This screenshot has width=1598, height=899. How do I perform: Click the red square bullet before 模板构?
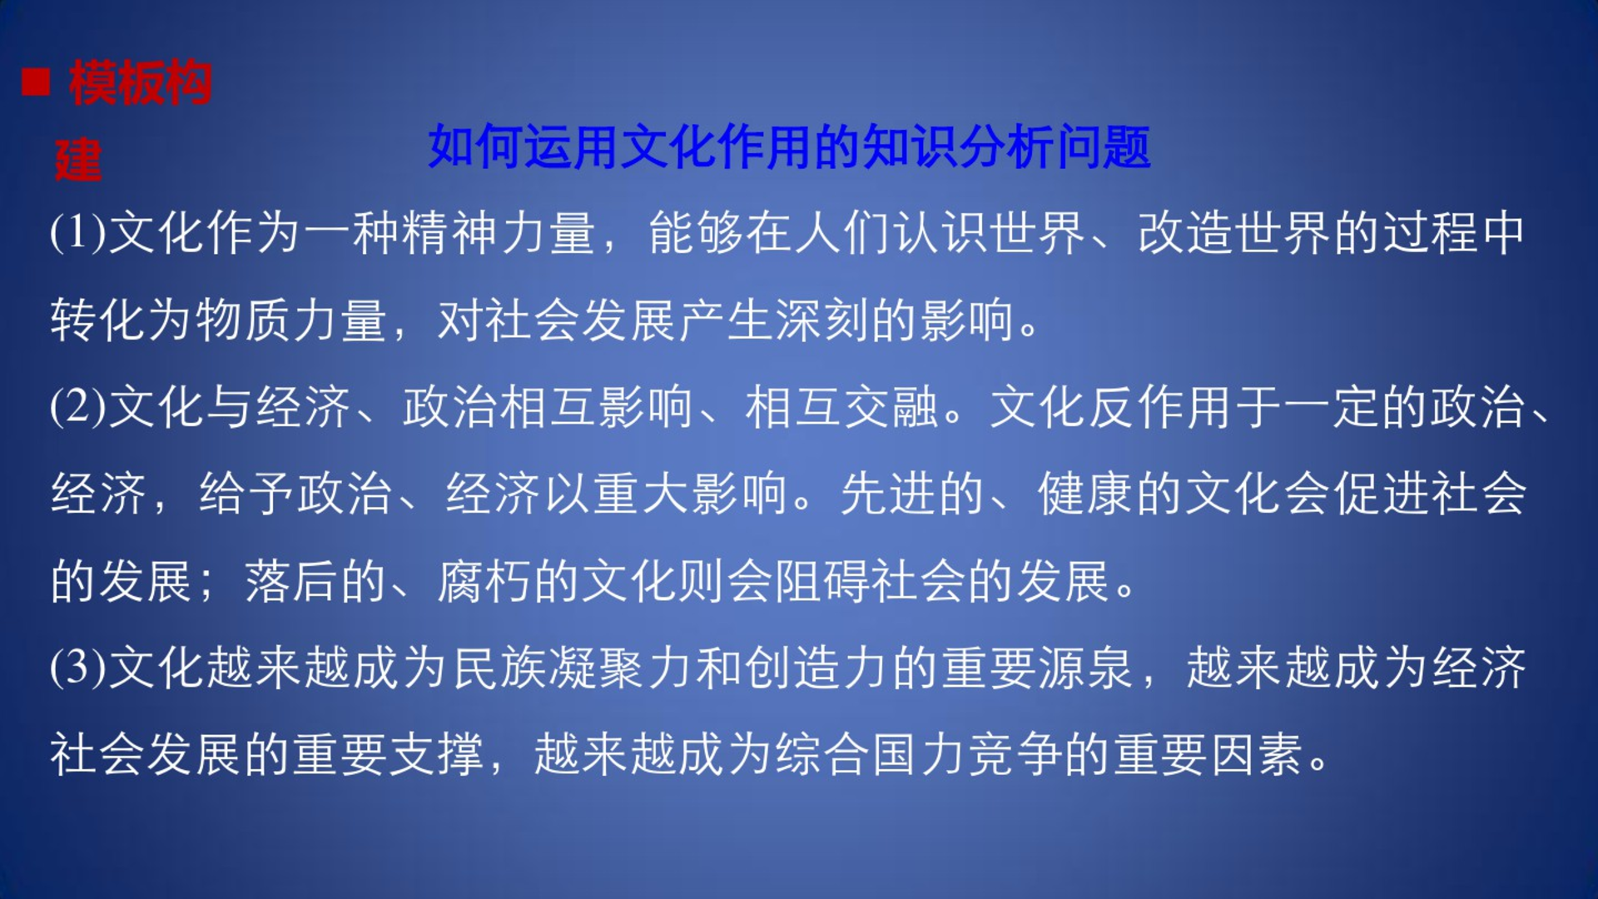(x=36, y=82)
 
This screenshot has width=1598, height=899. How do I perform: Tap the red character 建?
(x=78, y=161)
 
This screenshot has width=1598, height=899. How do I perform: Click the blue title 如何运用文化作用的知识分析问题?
(x=789, y=147)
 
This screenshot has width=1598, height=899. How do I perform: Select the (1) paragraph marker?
(x=78, y=232)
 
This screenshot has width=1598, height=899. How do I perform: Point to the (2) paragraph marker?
(x=78, y=407)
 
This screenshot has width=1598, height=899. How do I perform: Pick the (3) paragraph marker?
(x=78, y=668)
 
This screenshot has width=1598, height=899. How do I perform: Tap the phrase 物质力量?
(x=291, y=320)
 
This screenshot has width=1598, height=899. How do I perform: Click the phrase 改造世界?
(x=1234, y=232)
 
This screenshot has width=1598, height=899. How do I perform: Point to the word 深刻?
(x=822, y=320)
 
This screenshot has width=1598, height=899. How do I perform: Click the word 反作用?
(x=1160, y=407)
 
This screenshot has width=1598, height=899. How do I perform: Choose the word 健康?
(x=1085, y=494)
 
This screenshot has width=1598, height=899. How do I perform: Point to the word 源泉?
(x=1085, y=668)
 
